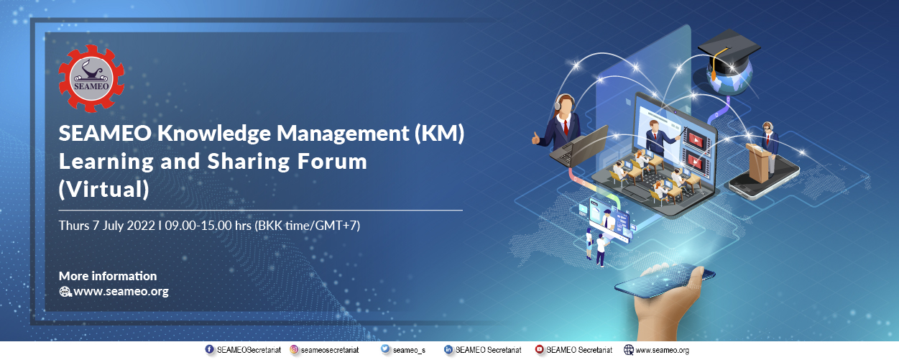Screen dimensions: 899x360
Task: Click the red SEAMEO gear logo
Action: coord(91,78)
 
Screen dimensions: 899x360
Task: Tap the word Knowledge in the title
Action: coord(213,134)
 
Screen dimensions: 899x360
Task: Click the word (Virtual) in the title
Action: coord(104,190)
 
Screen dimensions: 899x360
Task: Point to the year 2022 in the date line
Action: coord(141,226)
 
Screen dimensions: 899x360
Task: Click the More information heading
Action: coord(108,276)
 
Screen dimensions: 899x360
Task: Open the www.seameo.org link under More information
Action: coord(121,291)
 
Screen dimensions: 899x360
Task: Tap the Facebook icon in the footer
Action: coord(210,349)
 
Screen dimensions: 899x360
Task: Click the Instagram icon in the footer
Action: coord(294,349)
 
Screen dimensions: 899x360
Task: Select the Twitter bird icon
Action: coord(385,349)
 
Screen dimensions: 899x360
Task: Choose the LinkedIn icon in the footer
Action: coord(448,349)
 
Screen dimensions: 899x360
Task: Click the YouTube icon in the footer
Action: coord(540,349)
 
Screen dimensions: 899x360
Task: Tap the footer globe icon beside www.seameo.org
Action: coord(629,350)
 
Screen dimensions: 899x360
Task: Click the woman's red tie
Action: coord(566,126)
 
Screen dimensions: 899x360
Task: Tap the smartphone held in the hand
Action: coord(665,281)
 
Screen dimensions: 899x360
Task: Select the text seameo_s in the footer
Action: coord(409,351)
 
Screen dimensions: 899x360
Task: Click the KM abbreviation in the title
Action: coord(440,133)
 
